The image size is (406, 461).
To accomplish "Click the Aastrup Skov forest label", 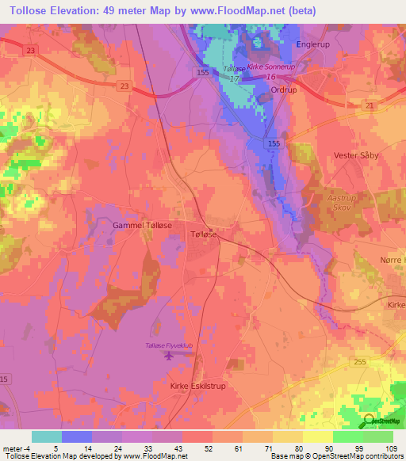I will [345, 203].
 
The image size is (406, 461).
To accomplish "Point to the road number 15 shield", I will [5, 379].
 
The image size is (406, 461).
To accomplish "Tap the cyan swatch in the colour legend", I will [47, 436].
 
